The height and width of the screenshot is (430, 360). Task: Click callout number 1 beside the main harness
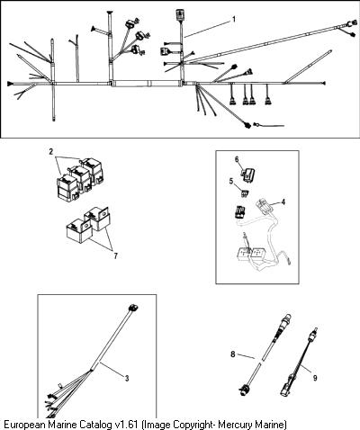[234, 20]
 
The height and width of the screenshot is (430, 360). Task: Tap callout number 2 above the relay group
[51, 152]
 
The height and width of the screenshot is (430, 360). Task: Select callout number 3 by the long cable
[127, 379]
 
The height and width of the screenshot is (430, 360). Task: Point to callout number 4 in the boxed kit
[283, 202]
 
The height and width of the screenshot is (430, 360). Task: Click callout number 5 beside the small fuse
[231, 182]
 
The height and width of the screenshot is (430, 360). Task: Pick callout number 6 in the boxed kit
[237, 159]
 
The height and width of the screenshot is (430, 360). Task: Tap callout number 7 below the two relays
[115, 255]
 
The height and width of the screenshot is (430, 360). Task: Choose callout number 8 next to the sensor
[233, 354]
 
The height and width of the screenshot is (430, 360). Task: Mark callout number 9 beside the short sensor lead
[315, 378]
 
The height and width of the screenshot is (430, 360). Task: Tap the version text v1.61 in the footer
[126, 425]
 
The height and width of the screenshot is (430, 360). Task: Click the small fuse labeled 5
[245, 193]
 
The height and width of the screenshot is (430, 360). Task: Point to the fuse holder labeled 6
[248, 175]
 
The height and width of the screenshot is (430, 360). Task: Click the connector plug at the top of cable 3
[133, 308]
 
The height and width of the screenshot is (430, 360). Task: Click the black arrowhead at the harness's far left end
[10, 83]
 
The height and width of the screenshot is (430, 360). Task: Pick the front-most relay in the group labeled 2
[67, 186]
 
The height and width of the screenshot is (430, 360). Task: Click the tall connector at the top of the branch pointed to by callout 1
[180, 15]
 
